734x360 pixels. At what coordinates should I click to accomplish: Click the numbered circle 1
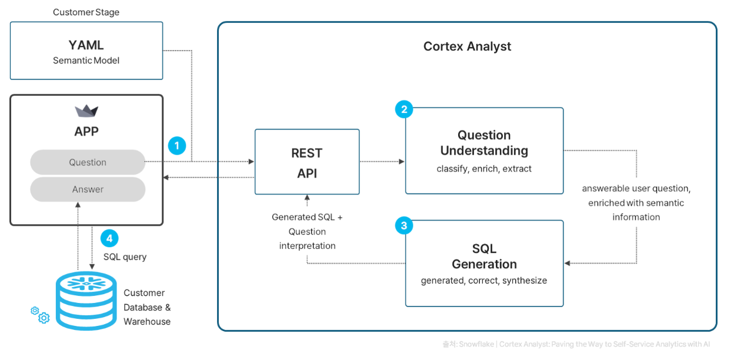[x=177, y=145]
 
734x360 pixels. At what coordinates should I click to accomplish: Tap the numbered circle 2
[x=404, y=109]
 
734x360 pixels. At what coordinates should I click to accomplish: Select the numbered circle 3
[x=404, y=225]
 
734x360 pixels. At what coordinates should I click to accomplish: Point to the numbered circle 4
[x=109, y=238]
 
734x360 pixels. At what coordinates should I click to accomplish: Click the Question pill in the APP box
[x=88, y=162]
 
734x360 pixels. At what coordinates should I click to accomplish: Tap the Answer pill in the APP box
[x=88, y=189]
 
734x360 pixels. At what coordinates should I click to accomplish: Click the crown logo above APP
[x=86, y=111]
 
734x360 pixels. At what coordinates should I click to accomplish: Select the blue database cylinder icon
[x=86, y=301]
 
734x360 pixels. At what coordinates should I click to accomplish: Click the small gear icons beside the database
[x=40, y=315]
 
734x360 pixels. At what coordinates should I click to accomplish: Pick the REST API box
[x=307, y=162]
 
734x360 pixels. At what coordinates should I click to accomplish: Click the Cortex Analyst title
[x=467, y=46]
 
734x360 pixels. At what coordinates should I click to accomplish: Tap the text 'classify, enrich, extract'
[x=484, y=168]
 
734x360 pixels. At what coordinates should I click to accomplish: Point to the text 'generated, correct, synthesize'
[x=484, y=281]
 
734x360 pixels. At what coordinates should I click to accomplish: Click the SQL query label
[x=125, y=256]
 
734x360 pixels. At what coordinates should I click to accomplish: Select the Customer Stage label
[x=86, y=12]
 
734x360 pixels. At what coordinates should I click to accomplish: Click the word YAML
[x=86, y=45]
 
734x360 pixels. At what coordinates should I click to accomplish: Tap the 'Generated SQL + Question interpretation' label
[x=307, y=231]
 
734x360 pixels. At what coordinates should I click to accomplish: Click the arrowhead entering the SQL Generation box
[x=567, y=263]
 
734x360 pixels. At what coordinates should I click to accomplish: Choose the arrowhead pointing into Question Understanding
[x=401, y=161]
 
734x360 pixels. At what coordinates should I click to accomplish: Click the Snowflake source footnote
[x=576, y=344]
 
